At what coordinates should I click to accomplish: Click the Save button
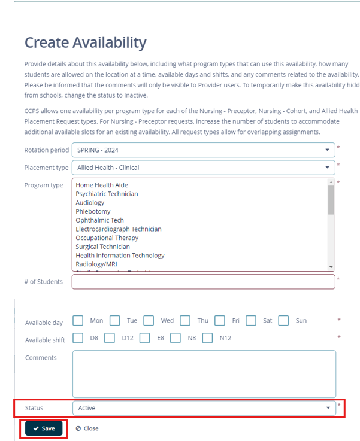pyautogui.click(x=43, y=428)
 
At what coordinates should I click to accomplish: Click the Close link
pyautogui.click(x=87, y=428)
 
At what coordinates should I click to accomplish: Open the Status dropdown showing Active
pyautogui.click(x=204, y=408)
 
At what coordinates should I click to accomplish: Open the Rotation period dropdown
pyautogui.click(x=203, y=150)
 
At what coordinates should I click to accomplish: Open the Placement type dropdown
pyautogui.click(x=203, y=168)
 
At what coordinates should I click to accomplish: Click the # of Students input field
pyautogui.click(x=203, y=281)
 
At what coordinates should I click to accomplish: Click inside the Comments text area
pyautogui.click(x=204, y=373)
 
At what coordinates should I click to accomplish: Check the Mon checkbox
pyautogui.click(x=78, y=321)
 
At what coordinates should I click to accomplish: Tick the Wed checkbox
pyautogui.click(x=149, y=321)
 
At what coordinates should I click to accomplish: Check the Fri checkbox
pyautogui.click(x=220, y=321)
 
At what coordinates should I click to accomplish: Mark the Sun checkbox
pyautogui.click(x=283, y=321)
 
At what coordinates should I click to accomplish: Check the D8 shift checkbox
pyautogui.click(x=78, y=338)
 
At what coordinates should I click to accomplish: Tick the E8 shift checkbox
pyautogui.click(x=144, y=338)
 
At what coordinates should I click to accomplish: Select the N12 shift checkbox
pyautogui.click(x=207, y=338)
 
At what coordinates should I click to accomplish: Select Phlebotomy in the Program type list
pyautogui.click(x=93, y=211)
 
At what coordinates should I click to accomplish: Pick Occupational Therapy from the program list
pyautogui.click(x=107, y=238)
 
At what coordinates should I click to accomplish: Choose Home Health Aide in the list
pyautogui.click(x=101, y=185)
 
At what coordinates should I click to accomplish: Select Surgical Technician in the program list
pyautogui.click(x=102, y=247)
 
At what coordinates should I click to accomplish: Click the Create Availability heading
pyautogui.click(x=85, y=42)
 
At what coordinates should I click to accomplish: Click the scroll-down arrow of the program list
pyautogui.click(x=331, y=266)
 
